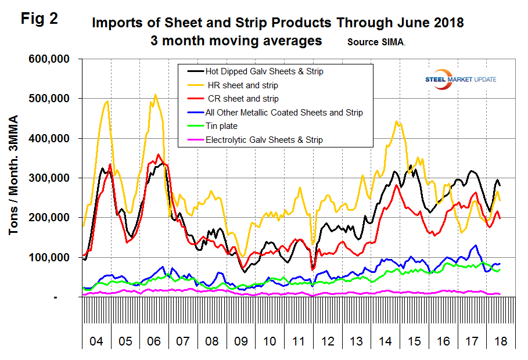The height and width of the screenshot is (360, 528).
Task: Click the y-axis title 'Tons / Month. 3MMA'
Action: [x=13, y=178]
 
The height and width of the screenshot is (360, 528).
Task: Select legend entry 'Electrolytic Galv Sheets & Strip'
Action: [x=264, y=139]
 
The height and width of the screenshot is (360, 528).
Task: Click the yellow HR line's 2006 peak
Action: [x=155, y=95]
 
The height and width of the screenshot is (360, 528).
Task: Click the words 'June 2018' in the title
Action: [x=427, y=24]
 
